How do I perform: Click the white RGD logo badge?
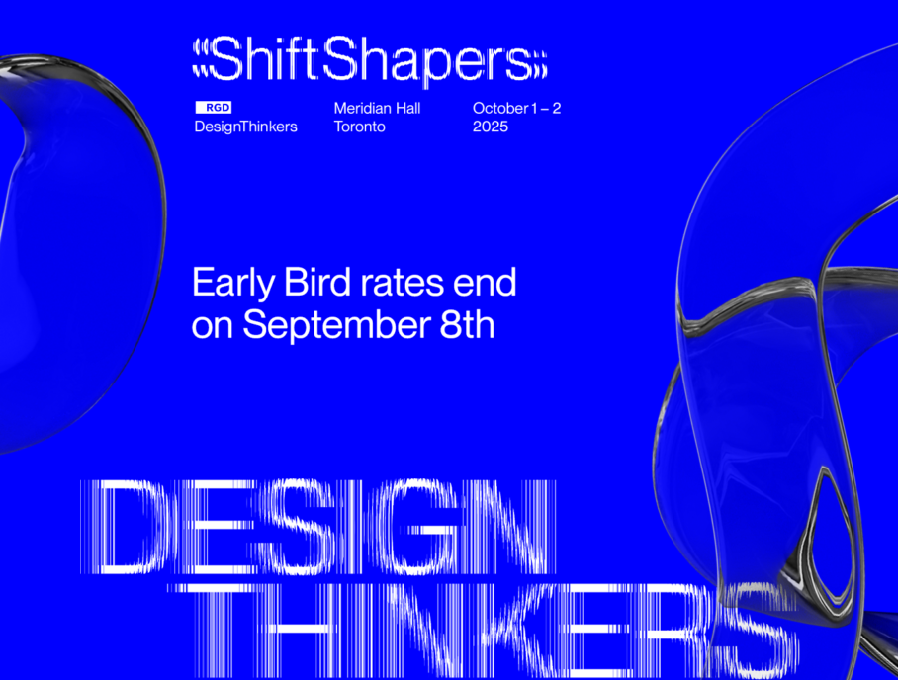pyautogui.click(x=213, y=107)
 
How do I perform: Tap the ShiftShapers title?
pyautogui.click(x=370, y=59)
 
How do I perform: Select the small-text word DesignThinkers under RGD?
pyautogui.click(x=245, y=127)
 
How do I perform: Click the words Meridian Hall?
pyautogui.click(x=378, y=108)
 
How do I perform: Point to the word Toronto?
pyautogui.click(x=360, y=127)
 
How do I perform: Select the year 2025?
pyautogui.click(x=491, y=127)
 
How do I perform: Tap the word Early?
pyautogui.click(x=233, y=284)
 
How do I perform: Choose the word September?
pyautogui.click(x=336, y=326)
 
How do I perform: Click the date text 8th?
pyautogui.click(x=467, y=324)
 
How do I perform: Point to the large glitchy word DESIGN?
pyautogui.click(x=317, y=527)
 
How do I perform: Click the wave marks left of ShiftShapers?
pyautogui.click(x=201, y=58)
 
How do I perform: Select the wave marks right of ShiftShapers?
pyautogui.click(x=540, y=64)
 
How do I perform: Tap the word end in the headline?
pyautogui.click(x=485, y=282)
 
